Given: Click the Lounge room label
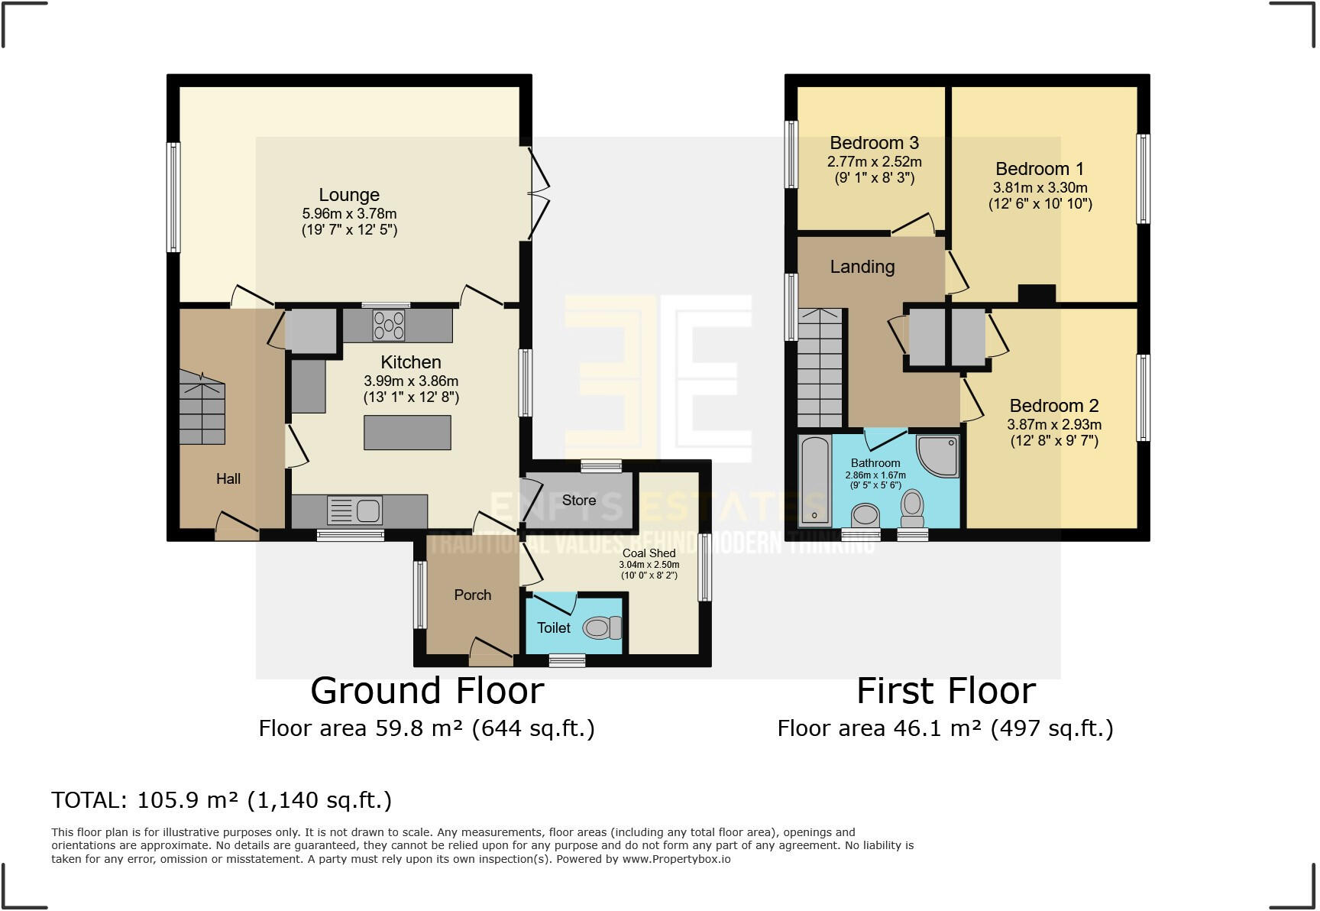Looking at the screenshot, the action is [349, 195].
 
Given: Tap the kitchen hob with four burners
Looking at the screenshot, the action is [389, 326].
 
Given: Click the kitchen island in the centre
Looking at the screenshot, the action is [407, 433].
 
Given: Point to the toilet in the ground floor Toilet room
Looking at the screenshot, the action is [603, 628].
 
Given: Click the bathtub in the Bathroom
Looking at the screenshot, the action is [815, 480].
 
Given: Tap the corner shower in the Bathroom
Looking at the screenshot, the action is [937, 456].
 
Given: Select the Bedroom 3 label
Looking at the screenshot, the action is [874, 143].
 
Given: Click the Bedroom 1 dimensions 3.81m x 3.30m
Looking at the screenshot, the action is [1040, 187].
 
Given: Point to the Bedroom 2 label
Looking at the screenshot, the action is [1053, 406].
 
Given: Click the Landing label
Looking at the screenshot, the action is [862, 267].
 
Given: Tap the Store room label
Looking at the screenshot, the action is [579, 501].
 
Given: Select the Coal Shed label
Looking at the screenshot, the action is [649, 553].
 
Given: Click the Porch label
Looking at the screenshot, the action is [473, 595].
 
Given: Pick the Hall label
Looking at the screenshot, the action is [228, 478].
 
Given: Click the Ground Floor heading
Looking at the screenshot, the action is [427, 691].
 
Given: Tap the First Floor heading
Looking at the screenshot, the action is [946, 691].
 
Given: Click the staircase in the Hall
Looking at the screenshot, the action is [202, 408].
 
